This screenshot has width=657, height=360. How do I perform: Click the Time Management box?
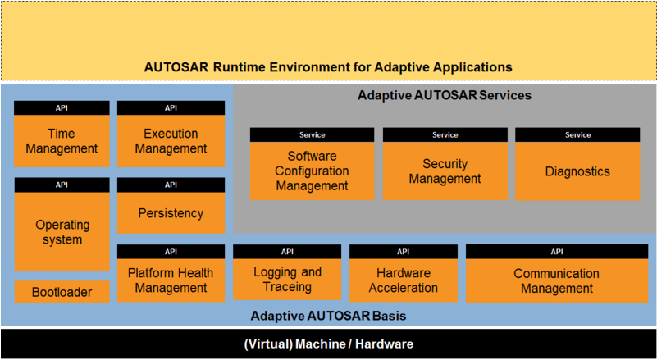[x=62, y=141]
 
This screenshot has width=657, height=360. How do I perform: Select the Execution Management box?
[x=171, y=141]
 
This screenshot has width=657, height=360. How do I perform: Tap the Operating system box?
[x=62, y=232]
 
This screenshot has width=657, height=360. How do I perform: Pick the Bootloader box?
[x=62, y=292]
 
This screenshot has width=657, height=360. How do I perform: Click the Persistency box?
[x=171, y=213]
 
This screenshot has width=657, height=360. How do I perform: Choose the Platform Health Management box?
[x=171, y=280]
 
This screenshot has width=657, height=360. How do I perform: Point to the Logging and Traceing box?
[x=287, y=280]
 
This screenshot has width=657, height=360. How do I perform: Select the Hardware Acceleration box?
[x=404, y=280]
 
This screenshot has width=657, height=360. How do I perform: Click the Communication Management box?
[x=557, y=280]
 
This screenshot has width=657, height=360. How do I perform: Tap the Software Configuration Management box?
[x=313, y=171]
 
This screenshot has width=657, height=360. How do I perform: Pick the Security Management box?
[x=445, y=171]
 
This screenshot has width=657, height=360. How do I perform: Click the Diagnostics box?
[x=577, y=171]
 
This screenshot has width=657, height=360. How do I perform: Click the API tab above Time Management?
[x=62, y=107]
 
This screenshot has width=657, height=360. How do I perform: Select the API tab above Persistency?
[x=171, y=185]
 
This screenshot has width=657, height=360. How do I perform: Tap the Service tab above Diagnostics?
[x=577, y=135]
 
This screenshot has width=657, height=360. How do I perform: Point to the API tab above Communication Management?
[x=557, y=252]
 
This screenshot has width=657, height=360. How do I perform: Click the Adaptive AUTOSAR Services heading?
[x=444, y=95]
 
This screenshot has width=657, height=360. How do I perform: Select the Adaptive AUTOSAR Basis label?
[x=328, y=316]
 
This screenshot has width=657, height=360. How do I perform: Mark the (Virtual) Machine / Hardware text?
[x=328, y=344]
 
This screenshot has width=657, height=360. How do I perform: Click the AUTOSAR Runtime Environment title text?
[x=328, y=67]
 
